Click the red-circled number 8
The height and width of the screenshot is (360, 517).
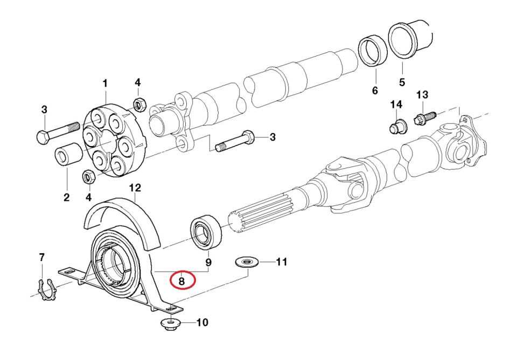point(181,280)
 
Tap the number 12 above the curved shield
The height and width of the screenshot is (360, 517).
point(135,188)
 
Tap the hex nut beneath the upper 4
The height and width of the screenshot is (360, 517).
point(139,103)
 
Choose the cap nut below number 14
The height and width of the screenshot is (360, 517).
point(397,127)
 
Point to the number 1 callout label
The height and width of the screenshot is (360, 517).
point(105,84)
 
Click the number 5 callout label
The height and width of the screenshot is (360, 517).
point(402,83)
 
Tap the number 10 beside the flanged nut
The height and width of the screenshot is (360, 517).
point(201,323)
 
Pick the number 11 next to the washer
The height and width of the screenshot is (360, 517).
point(281,262)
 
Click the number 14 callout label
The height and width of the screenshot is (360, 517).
point(396,103)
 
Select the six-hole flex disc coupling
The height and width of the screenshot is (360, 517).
point(111,140)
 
